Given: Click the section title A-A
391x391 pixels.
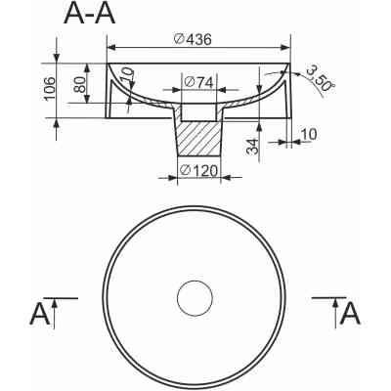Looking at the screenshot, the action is [x=90, y=15].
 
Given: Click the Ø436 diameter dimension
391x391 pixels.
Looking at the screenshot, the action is [x=193, y=39].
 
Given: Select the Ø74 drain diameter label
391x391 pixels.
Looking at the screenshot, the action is [x=198, y=82].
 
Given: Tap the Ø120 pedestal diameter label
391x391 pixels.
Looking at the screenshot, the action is [x=198, y=170].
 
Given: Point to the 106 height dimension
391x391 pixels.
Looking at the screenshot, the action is [x=50, y=89].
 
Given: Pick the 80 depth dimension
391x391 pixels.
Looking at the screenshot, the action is [x=79, y=84].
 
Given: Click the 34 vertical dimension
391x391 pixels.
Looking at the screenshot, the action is [x=252, y=147].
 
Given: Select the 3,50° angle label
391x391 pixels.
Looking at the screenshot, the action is [x=321, y=78].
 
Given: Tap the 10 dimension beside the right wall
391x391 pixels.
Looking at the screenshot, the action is [x=308, y=134].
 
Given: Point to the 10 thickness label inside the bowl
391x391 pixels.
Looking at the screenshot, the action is [x=128, y=74].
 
